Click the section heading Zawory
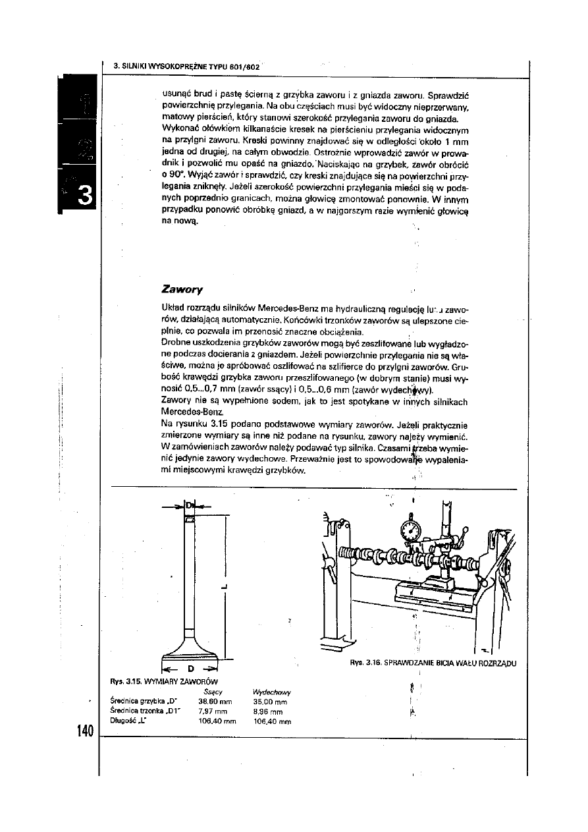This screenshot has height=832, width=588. click(181, 289)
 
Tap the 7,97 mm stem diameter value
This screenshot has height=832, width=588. click(213, 711)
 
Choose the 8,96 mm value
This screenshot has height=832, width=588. click(268, 711)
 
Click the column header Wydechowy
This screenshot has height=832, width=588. click(272, 692)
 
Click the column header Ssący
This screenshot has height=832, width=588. click(213, 692)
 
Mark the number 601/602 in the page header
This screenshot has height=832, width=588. click(246, 67)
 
